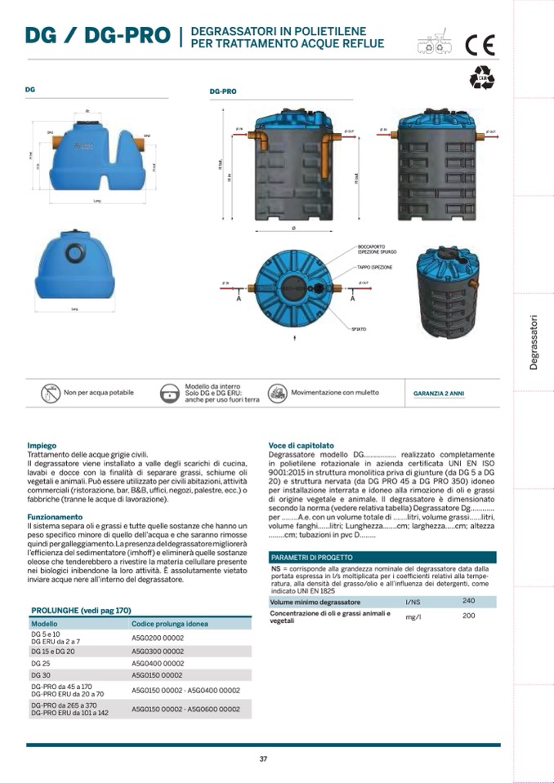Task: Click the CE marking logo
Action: point(480,44)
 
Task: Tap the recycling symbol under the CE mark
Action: point(481,77)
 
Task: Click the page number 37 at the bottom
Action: point(263,759)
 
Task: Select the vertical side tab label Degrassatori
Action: point(534,342)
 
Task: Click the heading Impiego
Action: point(41,446)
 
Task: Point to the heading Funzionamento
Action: point(55,517)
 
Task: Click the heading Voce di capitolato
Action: point(301,446)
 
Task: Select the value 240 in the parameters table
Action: point(468,600)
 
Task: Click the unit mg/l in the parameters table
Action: point(413,617)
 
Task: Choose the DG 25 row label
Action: point(41,664)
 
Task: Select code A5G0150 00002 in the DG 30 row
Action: point(158,675)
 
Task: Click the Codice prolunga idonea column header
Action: point(169,624)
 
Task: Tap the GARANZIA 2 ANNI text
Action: point(438,394)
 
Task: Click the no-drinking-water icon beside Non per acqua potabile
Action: point(51,394)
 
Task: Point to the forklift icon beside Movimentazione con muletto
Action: point(277,394)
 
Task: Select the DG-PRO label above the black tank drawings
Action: point(223,92)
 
